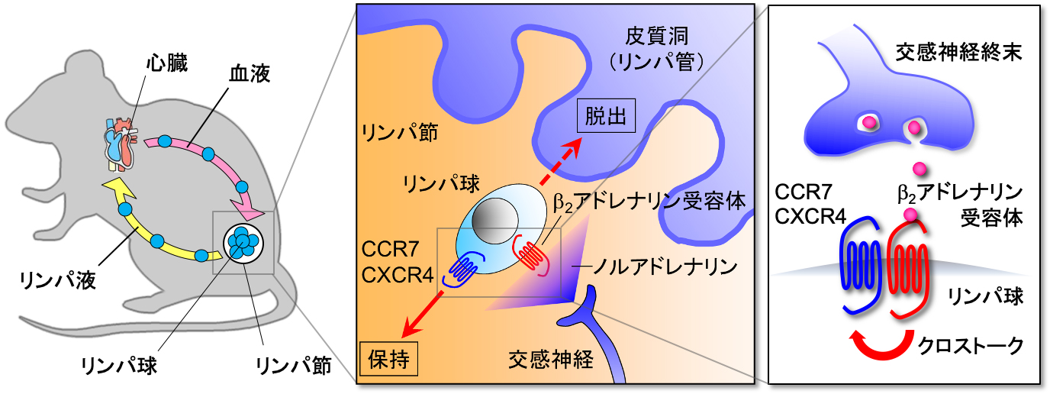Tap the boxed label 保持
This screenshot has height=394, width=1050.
tap(388, 358)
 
